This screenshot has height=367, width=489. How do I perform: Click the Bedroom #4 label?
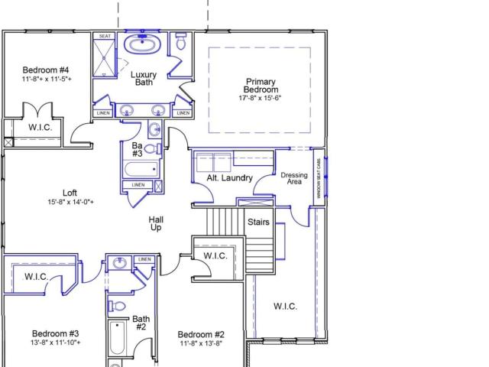pos(46,70)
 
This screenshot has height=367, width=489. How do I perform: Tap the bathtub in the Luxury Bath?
pos(143,44)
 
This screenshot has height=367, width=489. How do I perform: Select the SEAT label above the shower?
pos(105,36)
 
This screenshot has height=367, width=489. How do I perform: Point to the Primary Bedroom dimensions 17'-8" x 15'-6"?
pos(260,98)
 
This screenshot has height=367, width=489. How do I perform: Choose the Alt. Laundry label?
pos(229,178)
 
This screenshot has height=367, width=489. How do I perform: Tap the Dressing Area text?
pos(294,178)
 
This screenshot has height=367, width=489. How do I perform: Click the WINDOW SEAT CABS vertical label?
pos(319,178)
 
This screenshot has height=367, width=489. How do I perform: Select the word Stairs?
pos(258,222)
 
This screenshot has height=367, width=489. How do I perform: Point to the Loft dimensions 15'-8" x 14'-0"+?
pos(71,202)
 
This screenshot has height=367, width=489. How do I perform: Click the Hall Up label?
pos(156,224)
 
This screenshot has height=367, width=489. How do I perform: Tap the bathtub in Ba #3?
pos(141,170)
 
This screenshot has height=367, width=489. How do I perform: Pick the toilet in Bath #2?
pos(117,306)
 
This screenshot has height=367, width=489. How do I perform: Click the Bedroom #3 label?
pos(56,333)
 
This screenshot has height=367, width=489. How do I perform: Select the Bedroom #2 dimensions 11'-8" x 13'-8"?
pos(201,343)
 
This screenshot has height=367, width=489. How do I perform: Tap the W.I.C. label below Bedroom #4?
pos(40,128)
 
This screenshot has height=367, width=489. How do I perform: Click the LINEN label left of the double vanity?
pos(103,113)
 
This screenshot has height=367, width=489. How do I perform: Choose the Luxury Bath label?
pos(144,78)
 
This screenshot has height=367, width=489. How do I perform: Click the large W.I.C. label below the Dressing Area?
pos(285,307)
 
